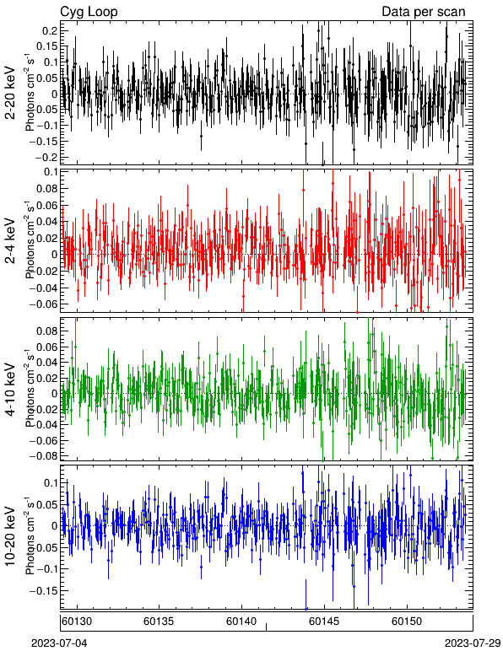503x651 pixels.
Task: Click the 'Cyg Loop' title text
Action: tap(89, 12)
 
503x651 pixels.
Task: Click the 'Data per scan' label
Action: tap(424, 12)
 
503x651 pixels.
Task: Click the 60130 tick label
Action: tap(77, 621)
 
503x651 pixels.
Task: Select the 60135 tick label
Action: tap(159, 621)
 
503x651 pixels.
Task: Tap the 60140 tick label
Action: tap(241, 621)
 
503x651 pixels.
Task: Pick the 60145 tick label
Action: tap(324, 621)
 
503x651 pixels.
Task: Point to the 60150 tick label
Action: tap(407, 621)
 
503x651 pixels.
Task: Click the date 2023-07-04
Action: tap(60, 643)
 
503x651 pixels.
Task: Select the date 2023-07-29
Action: tap(473, 643)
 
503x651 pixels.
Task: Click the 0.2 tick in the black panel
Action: tap(50, 31)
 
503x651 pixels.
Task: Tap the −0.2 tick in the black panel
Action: tap(46, 158)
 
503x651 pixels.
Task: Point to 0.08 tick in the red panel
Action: tap(47, 189)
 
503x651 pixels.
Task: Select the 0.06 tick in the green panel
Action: tap(47, 347)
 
